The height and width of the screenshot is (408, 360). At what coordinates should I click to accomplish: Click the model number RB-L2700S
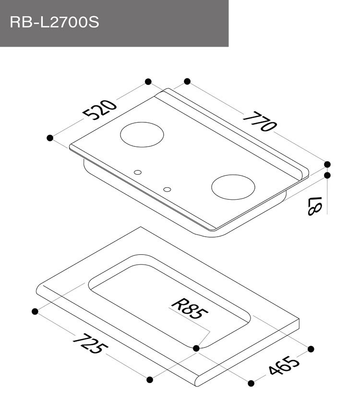(x=54, y=22)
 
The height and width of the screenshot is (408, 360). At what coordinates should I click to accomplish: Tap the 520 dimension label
(x=100, y=109)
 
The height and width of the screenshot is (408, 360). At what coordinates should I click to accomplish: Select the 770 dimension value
(x=259, y=121)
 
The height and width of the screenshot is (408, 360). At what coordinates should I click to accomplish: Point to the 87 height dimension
(x=315, y=206)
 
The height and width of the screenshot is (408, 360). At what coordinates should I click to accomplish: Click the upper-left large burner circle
(x=142, y=134)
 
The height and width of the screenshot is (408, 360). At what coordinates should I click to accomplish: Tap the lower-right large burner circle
(x=233, y=187)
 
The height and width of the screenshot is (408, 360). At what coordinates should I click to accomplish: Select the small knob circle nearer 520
(x=138, y=172)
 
